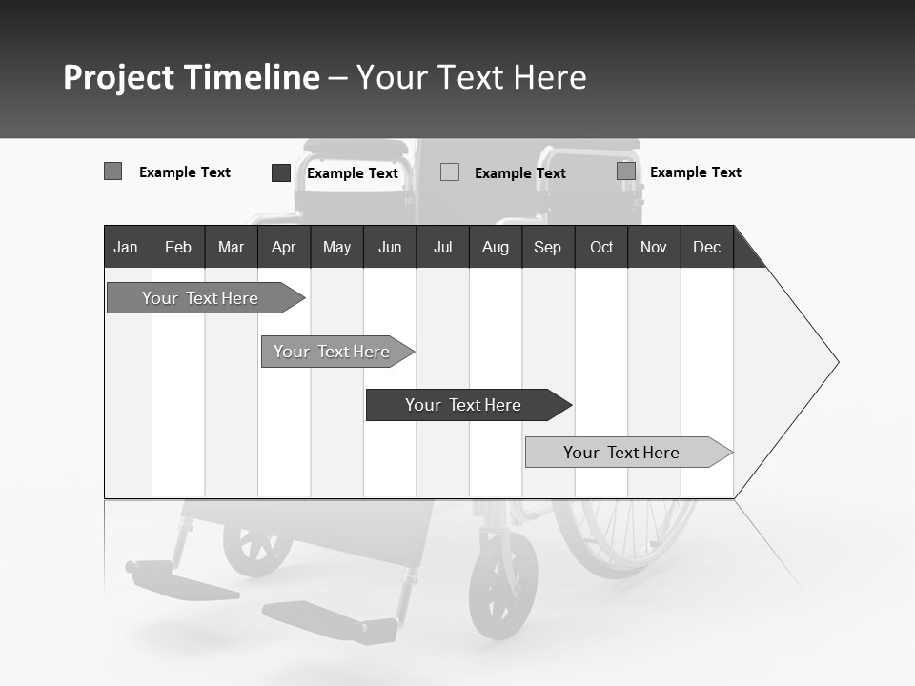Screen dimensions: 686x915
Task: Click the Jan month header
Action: click(126, 247)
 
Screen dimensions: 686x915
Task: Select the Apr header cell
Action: click(283, 247)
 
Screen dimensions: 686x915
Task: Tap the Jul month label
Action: click(442, 247)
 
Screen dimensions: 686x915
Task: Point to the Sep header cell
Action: click(547, 247)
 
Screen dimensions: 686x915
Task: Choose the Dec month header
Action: click(706, 247)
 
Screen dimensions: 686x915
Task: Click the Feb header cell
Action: click(178, 247)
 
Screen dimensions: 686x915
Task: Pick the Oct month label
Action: click(601, 247)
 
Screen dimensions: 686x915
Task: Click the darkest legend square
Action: click(281, 172)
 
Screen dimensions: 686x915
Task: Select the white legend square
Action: click(450, 172)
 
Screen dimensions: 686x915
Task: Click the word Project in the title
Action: click(118, 77)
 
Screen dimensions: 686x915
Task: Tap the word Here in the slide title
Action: click(550, 77)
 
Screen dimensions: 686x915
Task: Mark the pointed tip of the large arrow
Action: click(837, 362)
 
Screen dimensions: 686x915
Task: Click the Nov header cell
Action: click(654, 247)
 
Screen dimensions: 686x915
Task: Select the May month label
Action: click(336, 247)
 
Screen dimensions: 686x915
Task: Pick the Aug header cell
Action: click(495, 247)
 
